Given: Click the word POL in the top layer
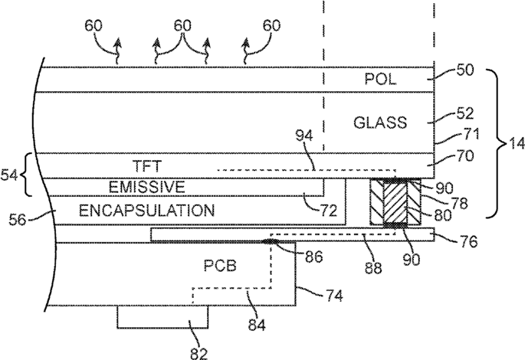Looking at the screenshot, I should pyautogui.click(x=381, y=80).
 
